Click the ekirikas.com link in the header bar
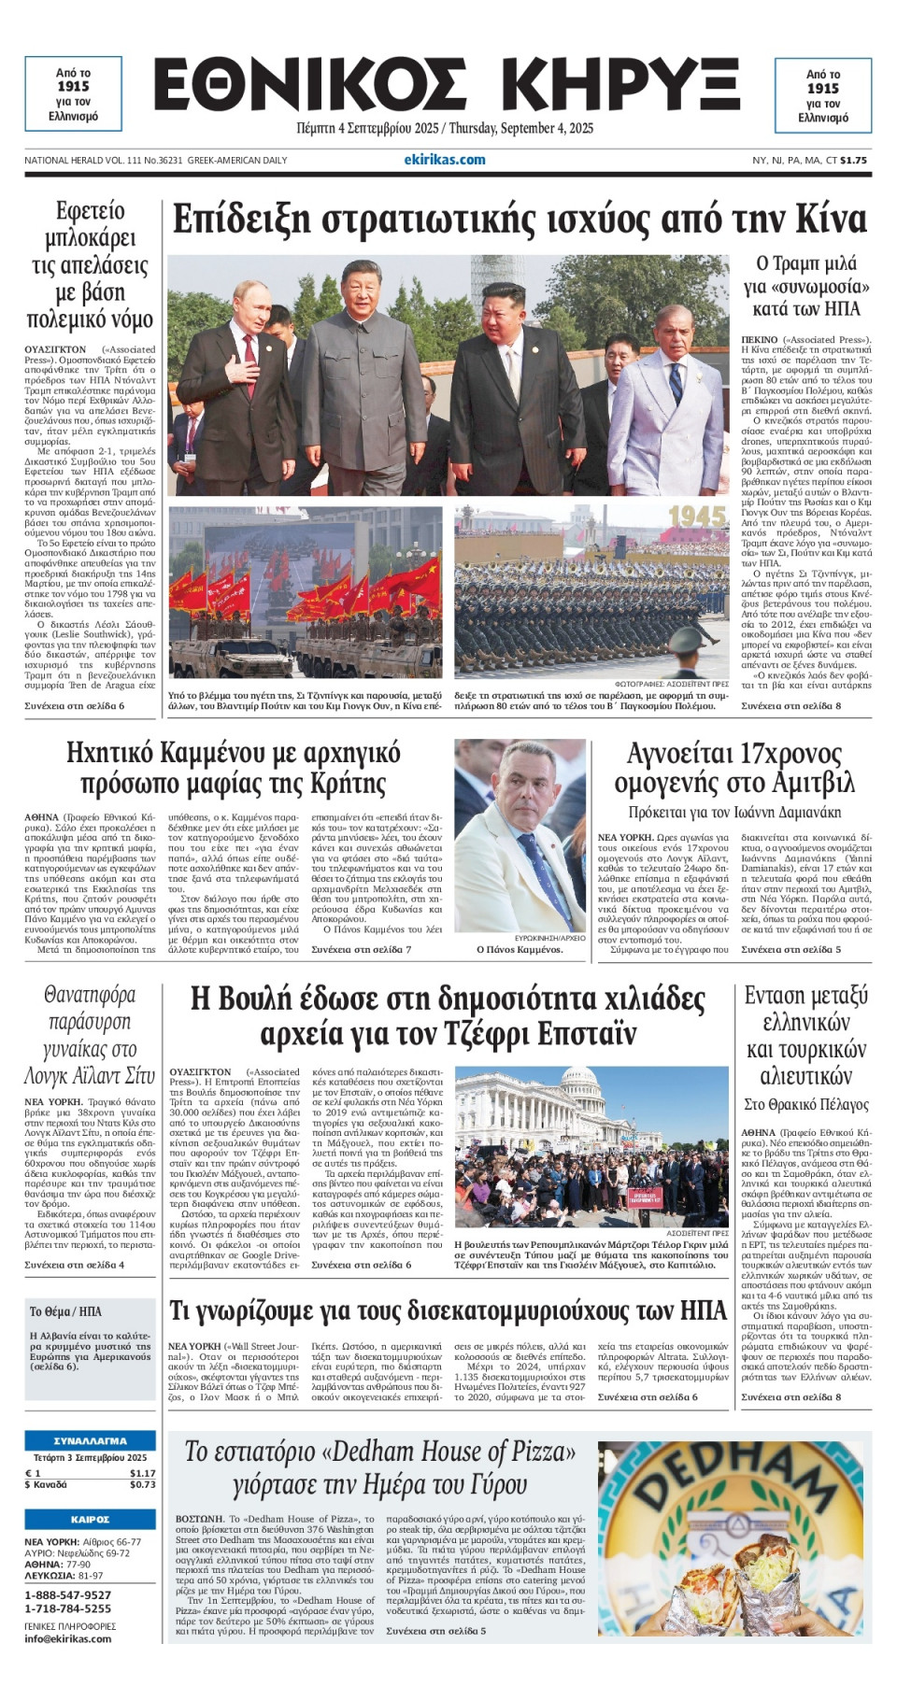(x=445, y=160)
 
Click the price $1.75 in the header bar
(x=853, y=160)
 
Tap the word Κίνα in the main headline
(x=832, y=220)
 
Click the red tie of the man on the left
(x=250, y=350)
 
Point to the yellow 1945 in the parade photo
(x=697, y=517)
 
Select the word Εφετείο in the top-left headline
(x=90, y=211)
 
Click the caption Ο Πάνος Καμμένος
(x=520, y=949)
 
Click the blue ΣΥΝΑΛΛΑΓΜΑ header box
(x=90, y=1440)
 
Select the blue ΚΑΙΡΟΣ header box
(x=90, y=1519)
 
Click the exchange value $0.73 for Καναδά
(x=142, y=1484)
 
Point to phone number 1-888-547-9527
(x=67, y=1594)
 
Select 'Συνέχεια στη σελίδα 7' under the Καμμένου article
(x=361, y=949)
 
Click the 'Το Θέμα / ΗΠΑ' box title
(x=65, y=1311)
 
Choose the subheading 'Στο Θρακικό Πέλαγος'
(x=805, y=1104)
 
